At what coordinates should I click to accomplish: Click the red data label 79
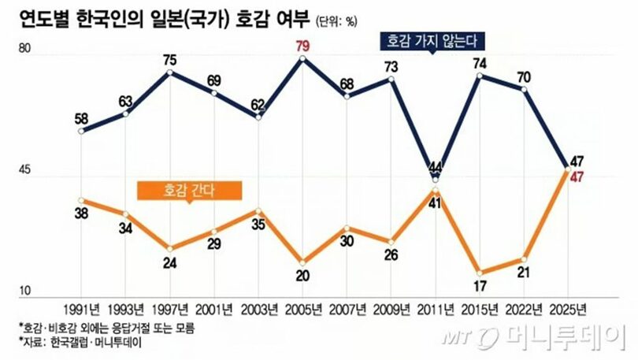(x=302, y=47)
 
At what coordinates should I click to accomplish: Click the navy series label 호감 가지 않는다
(x=433, y=39)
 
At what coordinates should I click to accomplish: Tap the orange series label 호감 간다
(x=189, y=189)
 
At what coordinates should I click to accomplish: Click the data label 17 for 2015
(x=479, y=286)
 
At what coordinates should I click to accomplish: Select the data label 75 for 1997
(x=171, y=61)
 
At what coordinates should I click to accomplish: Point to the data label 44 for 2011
(x=436, y=166)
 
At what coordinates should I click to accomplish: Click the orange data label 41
(x=436, y=202)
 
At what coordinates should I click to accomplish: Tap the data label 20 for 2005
(x=302, y=276)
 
